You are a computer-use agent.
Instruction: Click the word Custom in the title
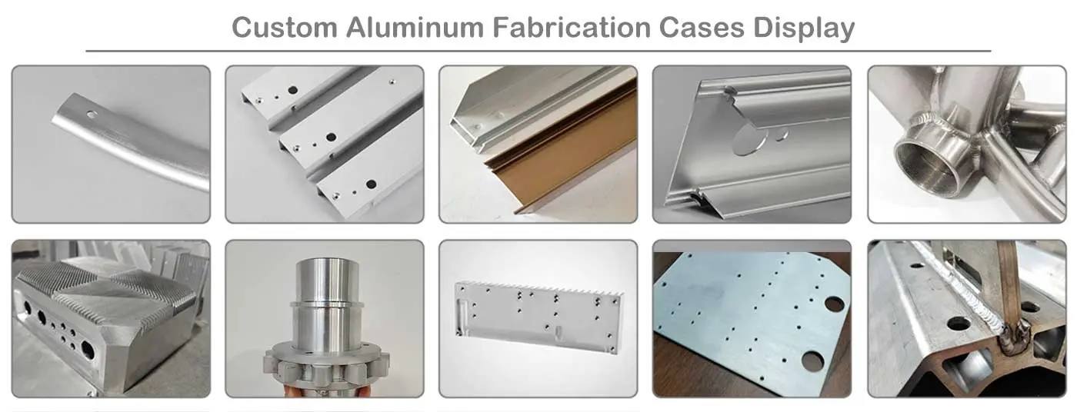(284, 28)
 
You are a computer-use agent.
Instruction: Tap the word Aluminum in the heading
(415, 28)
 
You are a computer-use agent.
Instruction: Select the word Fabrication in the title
(571, 28)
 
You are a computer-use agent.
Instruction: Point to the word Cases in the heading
(702, 28)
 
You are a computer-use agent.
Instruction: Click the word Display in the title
(804, 28)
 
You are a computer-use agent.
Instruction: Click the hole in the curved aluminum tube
(92, 115)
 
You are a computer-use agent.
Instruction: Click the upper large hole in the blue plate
(835, 304)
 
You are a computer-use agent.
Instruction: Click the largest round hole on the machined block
(88, 349)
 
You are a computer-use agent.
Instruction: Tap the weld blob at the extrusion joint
(1014, 339)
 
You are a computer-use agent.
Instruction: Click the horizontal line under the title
(538, 51)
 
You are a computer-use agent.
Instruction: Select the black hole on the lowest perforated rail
(371, 184)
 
